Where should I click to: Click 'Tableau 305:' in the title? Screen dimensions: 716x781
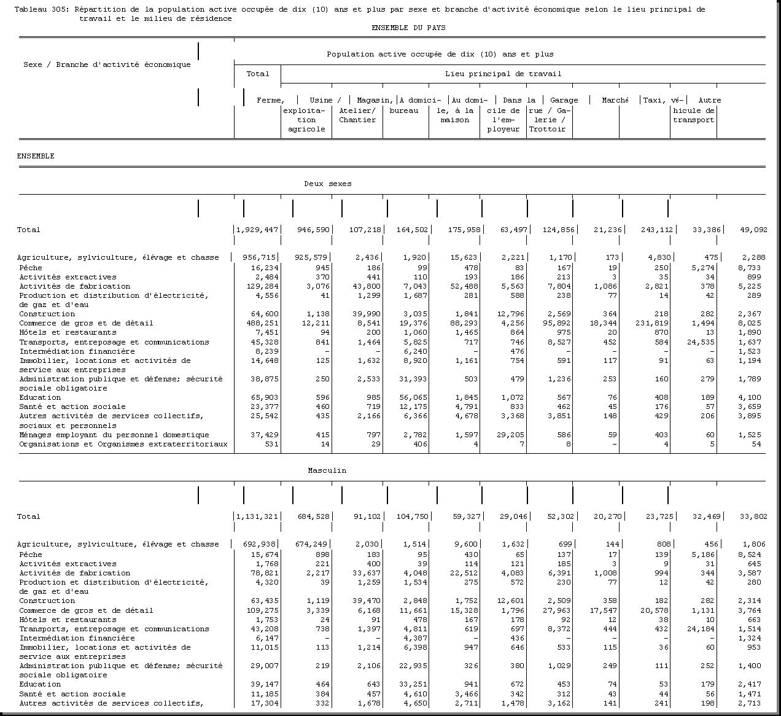tap(41, 9)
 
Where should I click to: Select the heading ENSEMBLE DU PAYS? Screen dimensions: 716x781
tap(408, 28)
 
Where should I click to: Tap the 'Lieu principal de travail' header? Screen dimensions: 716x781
tap(503, 74)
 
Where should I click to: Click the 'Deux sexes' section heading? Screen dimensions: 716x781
tap(328, 184)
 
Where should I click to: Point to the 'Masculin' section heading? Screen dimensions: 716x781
tap(327, 470)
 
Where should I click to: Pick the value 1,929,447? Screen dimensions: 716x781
tap(258, 230)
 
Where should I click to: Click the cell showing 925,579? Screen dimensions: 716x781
tap(313, 257)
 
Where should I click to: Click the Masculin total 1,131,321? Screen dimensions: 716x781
tap(258, 516)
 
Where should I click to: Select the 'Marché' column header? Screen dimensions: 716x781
tap(615, 100)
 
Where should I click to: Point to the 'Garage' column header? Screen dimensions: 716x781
tap(564, 100)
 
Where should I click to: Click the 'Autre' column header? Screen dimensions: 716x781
tap(709, 100)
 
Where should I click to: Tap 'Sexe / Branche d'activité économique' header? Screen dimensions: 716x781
tap(107, 64)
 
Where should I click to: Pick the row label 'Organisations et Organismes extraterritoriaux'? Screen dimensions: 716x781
tap(123, 444)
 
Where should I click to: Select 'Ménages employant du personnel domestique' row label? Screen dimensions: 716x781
tap(114, 435)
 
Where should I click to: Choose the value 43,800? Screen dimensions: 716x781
tap(368, 286)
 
